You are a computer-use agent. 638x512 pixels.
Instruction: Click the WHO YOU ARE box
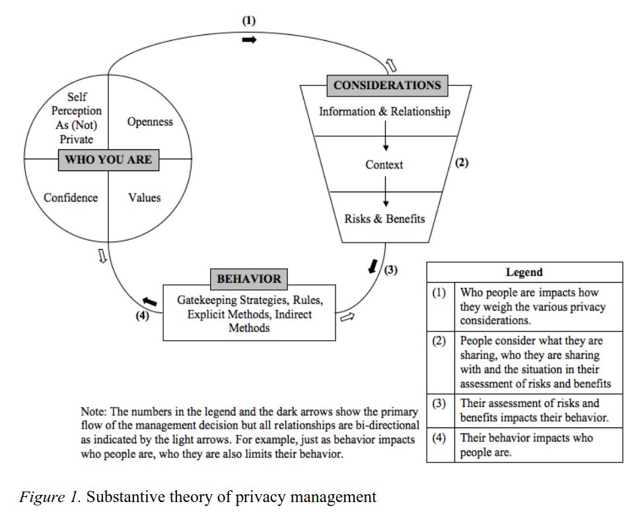coord(108,159)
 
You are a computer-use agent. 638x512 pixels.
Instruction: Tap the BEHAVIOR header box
coord(248,279)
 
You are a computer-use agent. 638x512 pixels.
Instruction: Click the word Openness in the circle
coord(150,122)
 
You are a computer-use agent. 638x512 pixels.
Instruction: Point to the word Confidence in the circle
coord(71,198)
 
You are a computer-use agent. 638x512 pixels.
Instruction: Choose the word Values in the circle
coord(144,198)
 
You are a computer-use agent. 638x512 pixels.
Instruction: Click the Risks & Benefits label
coord(384,219)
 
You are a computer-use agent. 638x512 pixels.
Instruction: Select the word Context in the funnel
coord(384,165)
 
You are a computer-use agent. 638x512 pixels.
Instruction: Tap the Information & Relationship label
coord(384,111)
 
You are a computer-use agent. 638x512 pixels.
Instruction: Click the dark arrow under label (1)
coord(249,40)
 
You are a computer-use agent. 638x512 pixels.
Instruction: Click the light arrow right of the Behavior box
coord(347,317)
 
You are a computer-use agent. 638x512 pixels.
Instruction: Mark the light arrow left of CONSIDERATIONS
coord(390,64)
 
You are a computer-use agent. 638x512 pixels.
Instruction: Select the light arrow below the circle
coord(102,256)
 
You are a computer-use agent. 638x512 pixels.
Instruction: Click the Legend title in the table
coord(524,272)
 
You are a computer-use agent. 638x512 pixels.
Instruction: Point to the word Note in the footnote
coord(93,411)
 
